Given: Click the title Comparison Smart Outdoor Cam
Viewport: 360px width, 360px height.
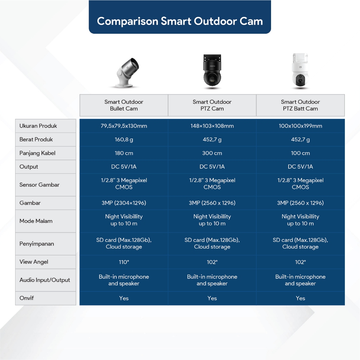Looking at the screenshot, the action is pos(180,21).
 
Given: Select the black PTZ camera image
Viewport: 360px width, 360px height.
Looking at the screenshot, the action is pos(212,71).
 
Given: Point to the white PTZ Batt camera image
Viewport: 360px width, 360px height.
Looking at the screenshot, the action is pos(300,71).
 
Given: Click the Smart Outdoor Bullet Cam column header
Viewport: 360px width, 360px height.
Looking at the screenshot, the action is pos(124,105).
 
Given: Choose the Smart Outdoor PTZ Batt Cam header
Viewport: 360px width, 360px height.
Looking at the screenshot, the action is pos(300,105).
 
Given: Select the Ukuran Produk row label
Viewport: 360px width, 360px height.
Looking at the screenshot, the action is pos(38,126).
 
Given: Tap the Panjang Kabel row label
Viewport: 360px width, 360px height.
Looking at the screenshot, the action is pos(37,153).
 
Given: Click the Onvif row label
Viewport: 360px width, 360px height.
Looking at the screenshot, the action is pos(27,298).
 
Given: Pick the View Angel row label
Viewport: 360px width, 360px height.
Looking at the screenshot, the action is pos(34,262).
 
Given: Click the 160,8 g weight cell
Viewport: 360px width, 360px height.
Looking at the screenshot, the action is pos(124,139).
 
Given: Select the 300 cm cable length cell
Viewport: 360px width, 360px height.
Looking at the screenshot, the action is pos(212,153).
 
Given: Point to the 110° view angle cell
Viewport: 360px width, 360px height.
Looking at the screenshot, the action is pos(124,262).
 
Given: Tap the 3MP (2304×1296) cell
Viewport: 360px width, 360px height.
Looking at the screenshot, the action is pos(124,203).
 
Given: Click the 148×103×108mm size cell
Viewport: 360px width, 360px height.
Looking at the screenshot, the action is pos(212,126).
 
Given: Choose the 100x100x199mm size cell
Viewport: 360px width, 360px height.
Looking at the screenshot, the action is pos(300,126).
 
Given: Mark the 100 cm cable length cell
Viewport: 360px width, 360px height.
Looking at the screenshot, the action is pos(300,153).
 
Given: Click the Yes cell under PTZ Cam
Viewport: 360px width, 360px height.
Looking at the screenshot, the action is pos(212,298).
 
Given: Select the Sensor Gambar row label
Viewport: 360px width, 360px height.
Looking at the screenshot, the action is pos(39,185).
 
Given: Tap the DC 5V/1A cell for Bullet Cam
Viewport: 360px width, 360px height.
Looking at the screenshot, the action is pos(124,167).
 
